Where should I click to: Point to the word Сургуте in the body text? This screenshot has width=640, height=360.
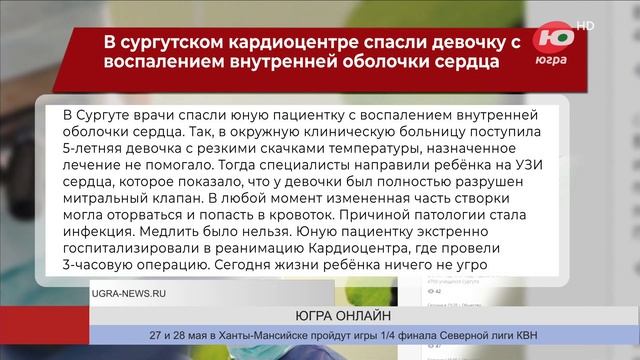(108, 109)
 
